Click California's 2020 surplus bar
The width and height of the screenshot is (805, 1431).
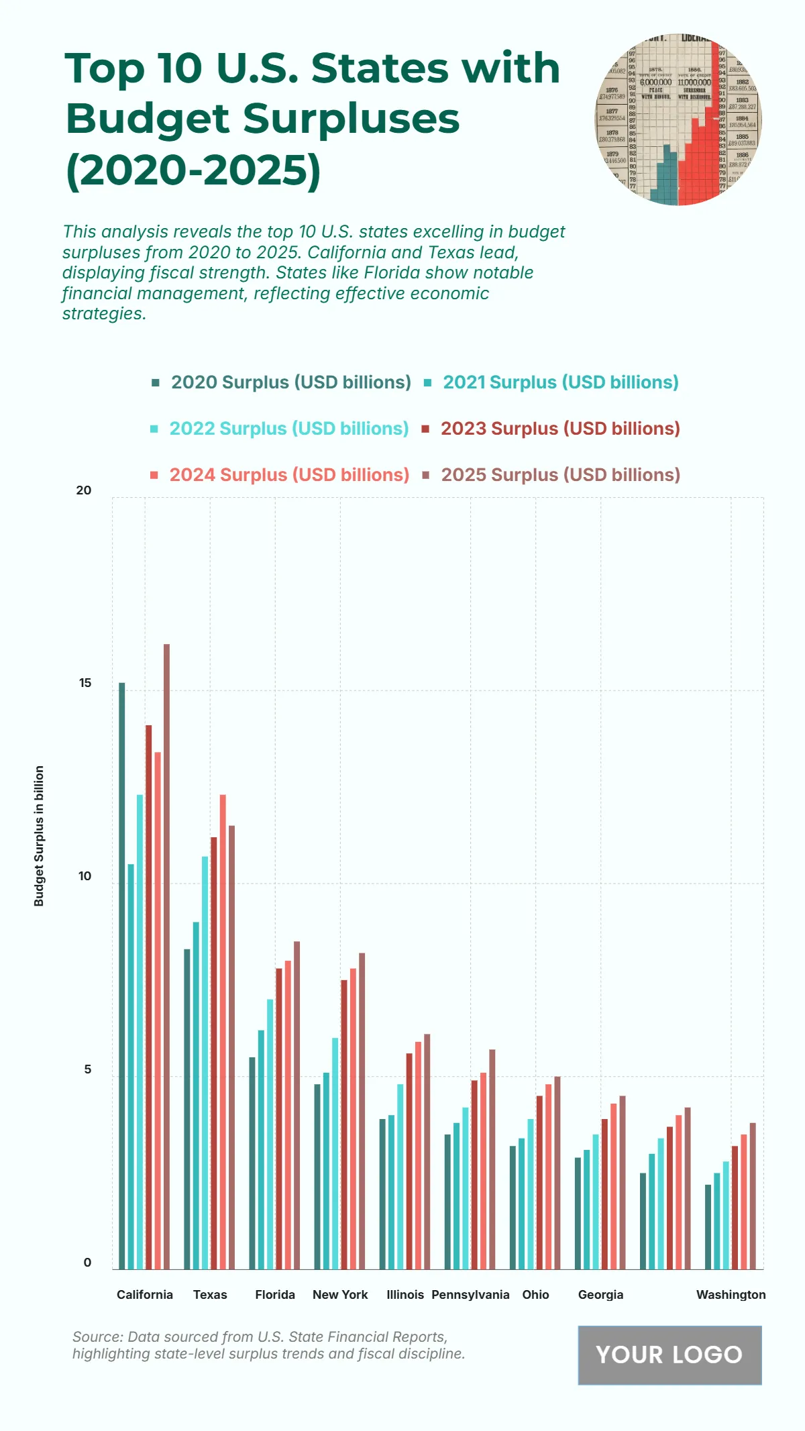(x=122, y=975)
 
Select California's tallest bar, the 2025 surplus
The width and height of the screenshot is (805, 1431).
(x=166, y=956)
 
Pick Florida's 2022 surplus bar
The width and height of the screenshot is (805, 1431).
(x=270, y=1134)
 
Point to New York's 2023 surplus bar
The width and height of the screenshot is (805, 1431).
(x=344, y=1124)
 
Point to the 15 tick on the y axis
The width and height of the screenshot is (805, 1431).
(x=85, y=684)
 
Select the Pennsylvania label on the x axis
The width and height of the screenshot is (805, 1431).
(x=470, y=1294)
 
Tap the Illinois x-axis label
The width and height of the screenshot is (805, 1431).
(x=405, y=1294)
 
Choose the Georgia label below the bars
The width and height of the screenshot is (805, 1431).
(x=600, y=1294)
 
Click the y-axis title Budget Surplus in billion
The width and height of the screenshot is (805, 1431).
(x=39, y=836)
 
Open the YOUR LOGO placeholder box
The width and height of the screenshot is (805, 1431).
(x=669, y=1355)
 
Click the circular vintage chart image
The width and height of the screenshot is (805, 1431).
(x=678, y=120)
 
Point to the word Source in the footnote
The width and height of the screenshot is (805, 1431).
(x=97, y=1336)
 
